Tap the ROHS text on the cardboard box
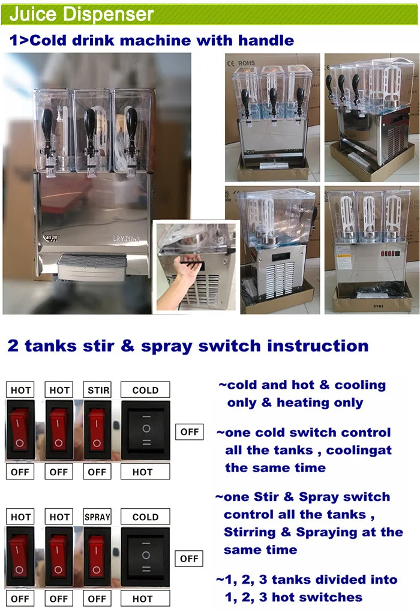(x=247, y=62)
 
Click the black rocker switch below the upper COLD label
(x=145, y=430)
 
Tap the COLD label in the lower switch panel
(x=145, y=517)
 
